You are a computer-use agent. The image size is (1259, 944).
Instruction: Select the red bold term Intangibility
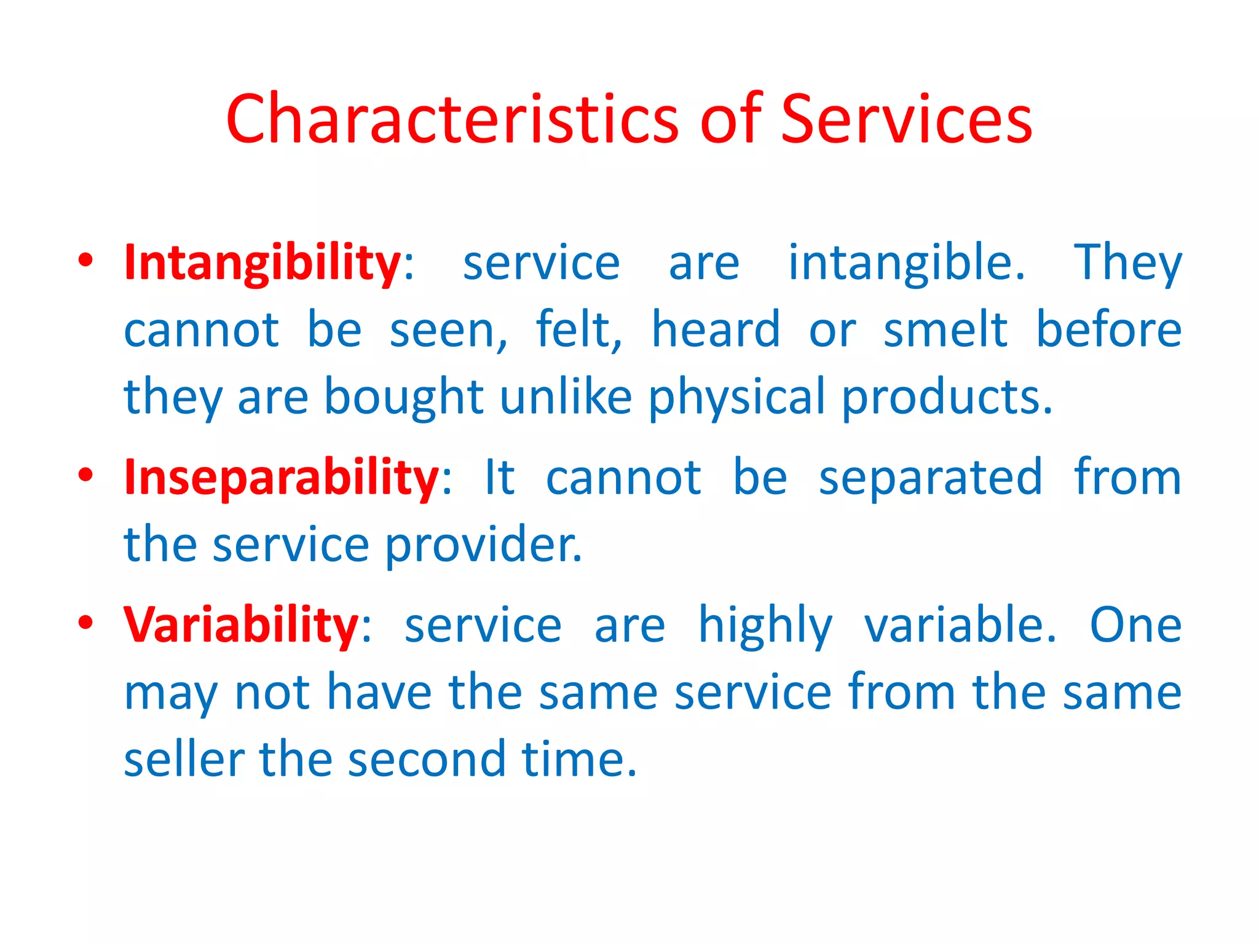[262, 263]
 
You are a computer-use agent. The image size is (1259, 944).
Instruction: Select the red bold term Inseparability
[282, 478]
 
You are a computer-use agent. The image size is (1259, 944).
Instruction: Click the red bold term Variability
[241, 626]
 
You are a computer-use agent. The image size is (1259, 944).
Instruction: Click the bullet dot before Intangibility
[85, 260]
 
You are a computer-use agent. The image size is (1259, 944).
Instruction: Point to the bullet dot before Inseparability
[85, 475]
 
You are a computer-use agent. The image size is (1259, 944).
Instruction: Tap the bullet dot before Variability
[85, 622]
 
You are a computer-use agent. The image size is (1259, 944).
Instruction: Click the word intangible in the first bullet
[906, 263]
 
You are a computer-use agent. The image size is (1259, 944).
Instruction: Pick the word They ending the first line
[1127, 263]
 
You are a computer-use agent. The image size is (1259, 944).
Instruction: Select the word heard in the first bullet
[716, 330]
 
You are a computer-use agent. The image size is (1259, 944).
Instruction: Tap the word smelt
[945, 330]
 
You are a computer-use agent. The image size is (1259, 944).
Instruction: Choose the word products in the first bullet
[947, 398]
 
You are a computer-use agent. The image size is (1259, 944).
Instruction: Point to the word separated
[931, 478]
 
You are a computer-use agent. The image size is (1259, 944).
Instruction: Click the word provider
[483, 545]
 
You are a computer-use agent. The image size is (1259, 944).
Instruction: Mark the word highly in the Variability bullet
[765, 626]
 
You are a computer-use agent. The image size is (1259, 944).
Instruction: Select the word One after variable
[1135, 626]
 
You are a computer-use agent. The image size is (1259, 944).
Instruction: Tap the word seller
[184, 760]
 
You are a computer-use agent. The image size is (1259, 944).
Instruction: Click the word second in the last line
[427, 760]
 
